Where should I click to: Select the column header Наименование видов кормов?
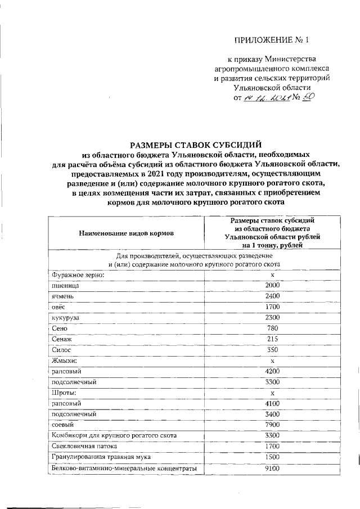coord(127,232)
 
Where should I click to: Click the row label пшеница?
coord(63,285)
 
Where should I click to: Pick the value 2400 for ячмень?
coord(272,296)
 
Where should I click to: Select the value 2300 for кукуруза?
coord(272,317)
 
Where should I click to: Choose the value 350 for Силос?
coord(272,349)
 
